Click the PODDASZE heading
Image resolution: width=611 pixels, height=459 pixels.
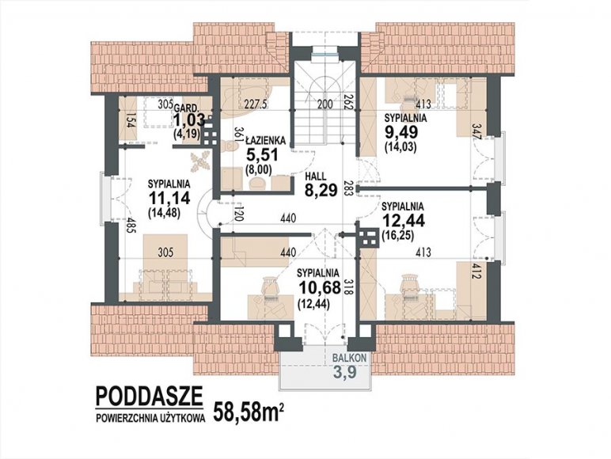pos(150,396)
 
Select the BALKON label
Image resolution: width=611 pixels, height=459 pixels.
pos(349,358)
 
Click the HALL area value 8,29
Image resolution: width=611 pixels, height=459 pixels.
pos(321,191)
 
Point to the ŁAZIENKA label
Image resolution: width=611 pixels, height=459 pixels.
pos(266,140)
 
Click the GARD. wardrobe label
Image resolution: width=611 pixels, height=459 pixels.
pos(188,108)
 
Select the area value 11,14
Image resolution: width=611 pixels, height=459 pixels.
pos(169,198)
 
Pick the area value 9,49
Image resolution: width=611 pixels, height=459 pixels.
pos(401,132)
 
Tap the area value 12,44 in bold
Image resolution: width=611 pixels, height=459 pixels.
pos(404,221)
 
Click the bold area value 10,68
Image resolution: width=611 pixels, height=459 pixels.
pos(318,287)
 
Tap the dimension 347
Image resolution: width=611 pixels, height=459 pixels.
pos(476,131)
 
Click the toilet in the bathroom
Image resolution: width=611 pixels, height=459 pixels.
pos(231,146)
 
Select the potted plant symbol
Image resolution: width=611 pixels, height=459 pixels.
pos(200,161)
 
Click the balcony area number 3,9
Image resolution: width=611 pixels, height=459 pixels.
pos(345,373)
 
